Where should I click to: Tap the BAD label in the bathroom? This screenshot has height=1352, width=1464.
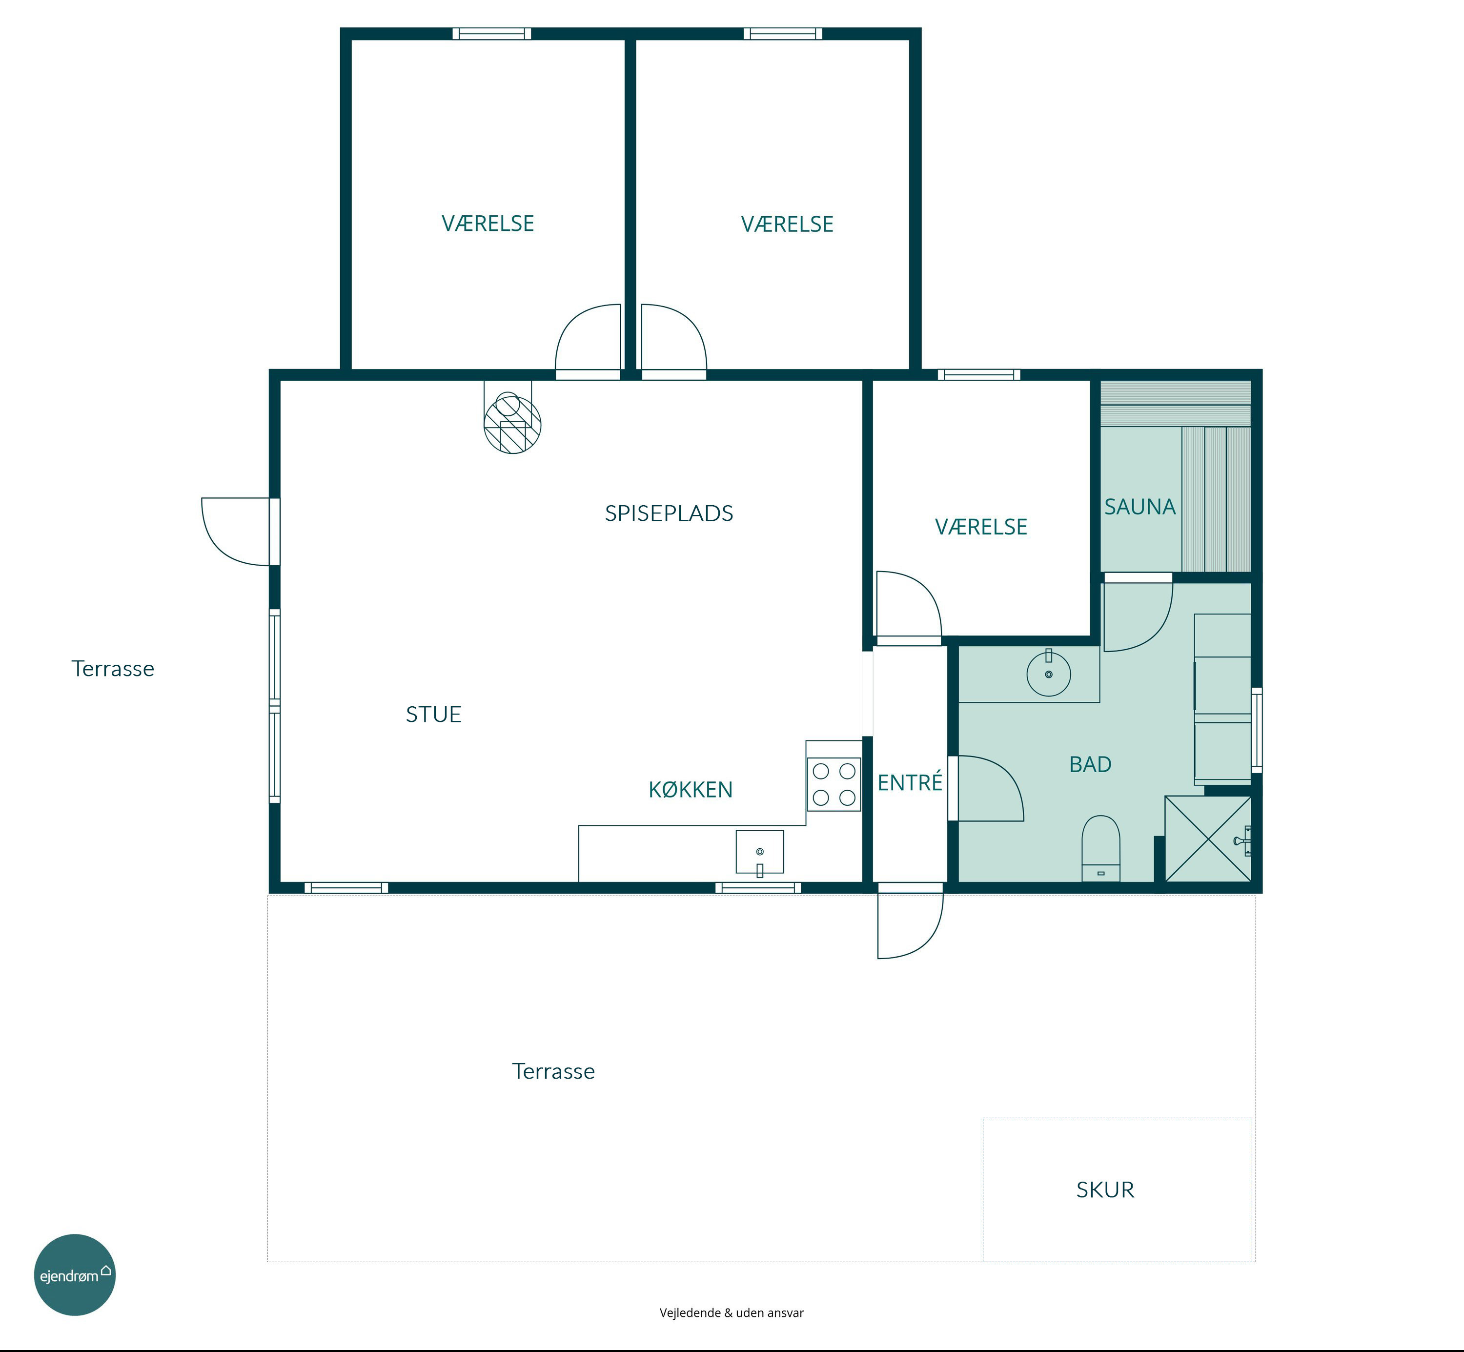click(x=1090, y=764)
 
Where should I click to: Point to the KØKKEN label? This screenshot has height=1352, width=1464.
click(x=691, y=789)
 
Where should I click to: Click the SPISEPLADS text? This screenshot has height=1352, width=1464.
click(x=669, y=513)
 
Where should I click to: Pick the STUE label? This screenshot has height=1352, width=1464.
click(x=434, y=714)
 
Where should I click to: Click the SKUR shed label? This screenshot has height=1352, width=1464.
click(x=1105, y=1189)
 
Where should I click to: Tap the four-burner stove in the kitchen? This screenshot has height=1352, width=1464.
click(x=834, y=784)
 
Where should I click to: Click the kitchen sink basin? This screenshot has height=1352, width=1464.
click(x=759, y=852)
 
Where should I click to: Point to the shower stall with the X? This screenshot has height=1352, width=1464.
click(x=1208, y=839)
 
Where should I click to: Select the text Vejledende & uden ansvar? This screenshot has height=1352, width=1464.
click(x=732, y=1312)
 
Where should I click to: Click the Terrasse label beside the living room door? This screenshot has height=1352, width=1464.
click(x=113, y=669)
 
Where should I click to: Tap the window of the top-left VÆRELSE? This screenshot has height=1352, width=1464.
click(x=491, y=34)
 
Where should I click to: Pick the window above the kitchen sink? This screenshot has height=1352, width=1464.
click(x=758, y=887)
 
